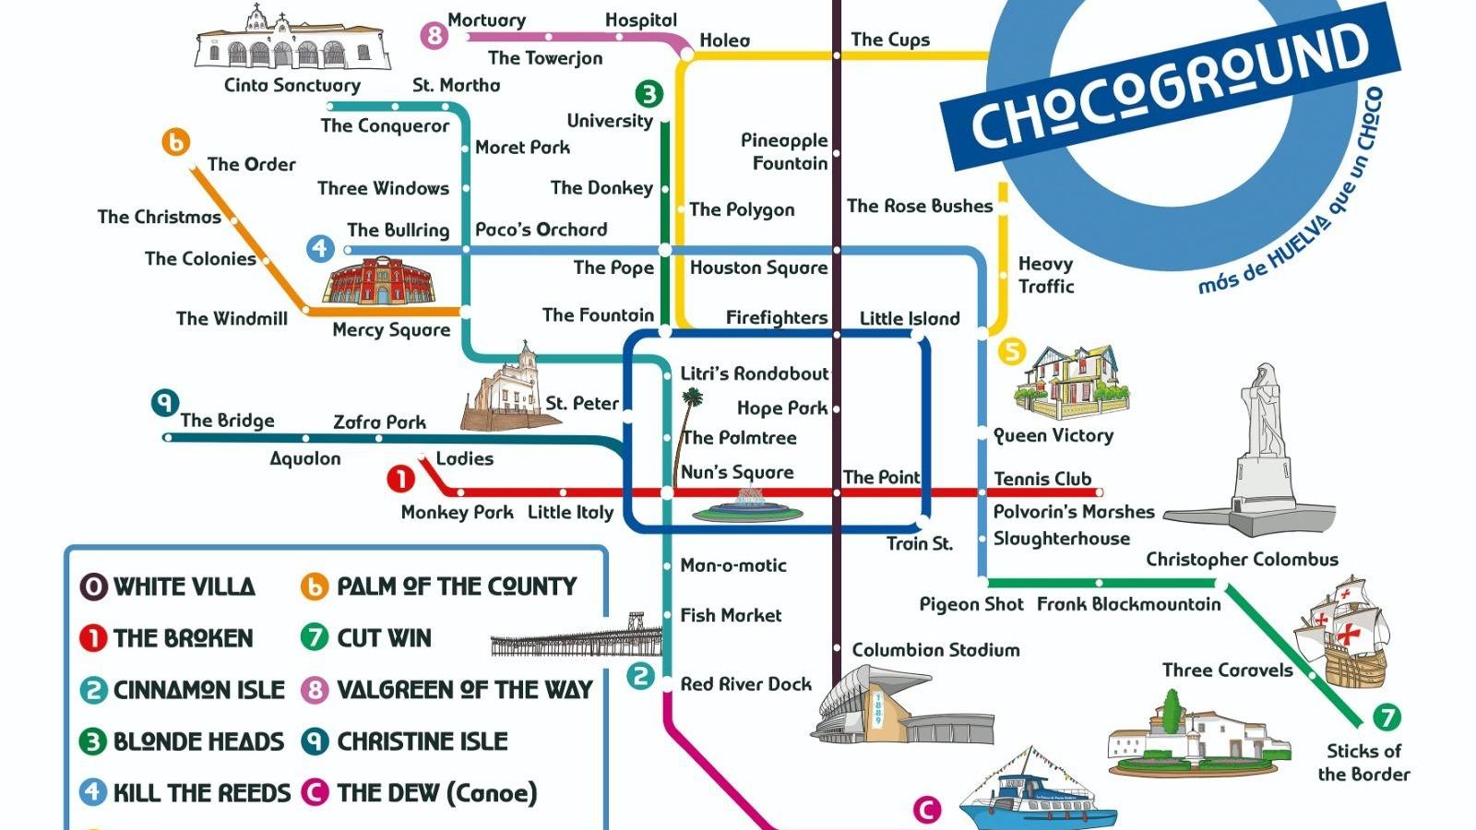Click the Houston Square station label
point(758,268)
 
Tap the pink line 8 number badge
point(434,36)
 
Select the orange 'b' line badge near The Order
point(175,142)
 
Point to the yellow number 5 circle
point(1012,351)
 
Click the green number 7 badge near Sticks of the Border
point(1387,717)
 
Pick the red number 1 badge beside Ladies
point(400,479)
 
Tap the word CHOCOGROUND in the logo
point(1170,85)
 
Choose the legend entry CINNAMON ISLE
point(197,690)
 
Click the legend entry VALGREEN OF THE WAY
point(463,690)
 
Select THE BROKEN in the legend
point(182,638)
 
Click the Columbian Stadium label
point(935,650)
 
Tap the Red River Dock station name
point(745,684)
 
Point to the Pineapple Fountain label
point(784,152)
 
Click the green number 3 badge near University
point(649,94)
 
